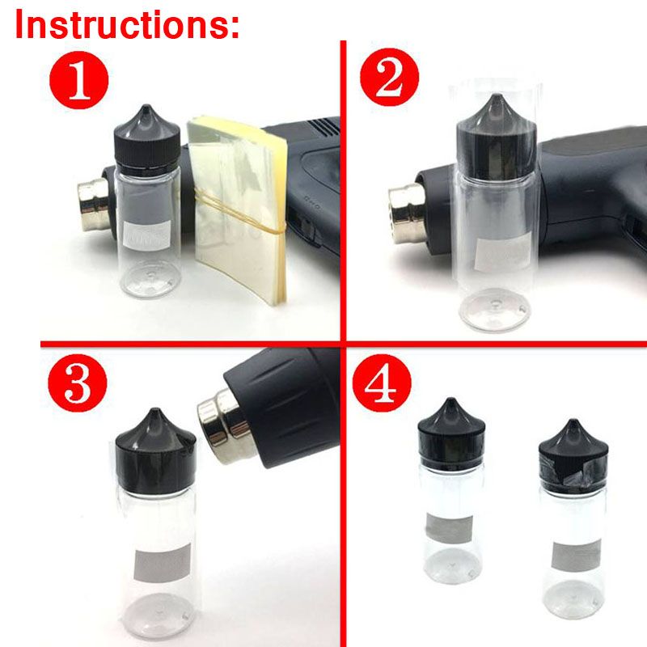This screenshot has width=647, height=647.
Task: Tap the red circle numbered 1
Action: (78, 80)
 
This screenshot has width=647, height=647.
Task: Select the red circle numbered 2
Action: (389, 77)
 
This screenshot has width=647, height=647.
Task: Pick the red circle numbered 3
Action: (77, 383)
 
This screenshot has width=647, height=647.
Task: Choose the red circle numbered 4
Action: (382, 383)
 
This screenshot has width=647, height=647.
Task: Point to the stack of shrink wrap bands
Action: (237, 210)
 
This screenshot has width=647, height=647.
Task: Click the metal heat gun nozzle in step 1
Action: (94, 205)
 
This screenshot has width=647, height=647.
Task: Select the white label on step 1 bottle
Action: (147, 235)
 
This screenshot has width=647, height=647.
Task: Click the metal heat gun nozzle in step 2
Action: (408, 213)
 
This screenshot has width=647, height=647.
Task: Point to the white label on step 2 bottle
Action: (502, 252)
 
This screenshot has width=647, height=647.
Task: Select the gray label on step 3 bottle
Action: (163, 563)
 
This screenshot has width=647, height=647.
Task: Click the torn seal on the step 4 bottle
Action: (573, 471)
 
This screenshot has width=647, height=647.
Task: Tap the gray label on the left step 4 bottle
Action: (450, 529)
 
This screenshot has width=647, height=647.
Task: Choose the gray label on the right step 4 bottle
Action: (576, 556)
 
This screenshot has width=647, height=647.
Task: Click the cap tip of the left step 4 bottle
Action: (451, 400)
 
